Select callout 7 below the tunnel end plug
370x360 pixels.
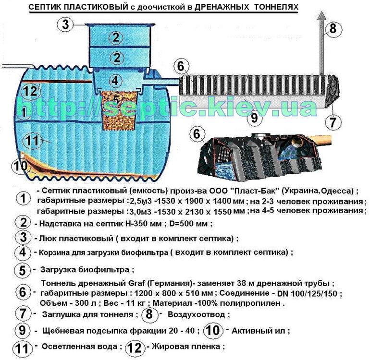click(x=332, y=121)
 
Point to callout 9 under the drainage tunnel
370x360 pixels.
click(x=254, y=117)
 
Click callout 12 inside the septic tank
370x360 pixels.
click(x=30, y=90)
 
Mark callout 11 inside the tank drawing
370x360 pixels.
click(x=32, y=140)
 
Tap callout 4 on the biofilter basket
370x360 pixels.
click(x=114, y=80)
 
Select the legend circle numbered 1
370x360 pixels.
click(x=22, y=199)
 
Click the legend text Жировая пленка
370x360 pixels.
click(x=186, y=346)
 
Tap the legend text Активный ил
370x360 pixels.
click(x=260, y=331)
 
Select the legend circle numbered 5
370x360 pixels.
click(x=22, y=270)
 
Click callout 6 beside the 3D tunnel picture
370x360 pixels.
click(x=196, y=134)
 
